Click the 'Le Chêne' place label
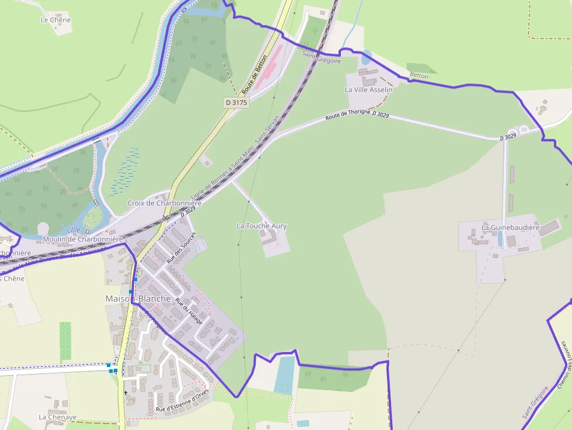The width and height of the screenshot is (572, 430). pos(55,20)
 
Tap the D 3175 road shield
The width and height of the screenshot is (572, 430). pos(236,103)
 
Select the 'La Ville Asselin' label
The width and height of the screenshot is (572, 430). pos(368,90)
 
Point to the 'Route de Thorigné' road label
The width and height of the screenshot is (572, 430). pos(348,115)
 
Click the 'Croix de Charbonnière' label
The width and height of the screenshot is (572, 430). pos(164,203)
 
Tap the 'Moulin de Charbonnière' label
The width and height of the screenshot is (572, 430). pos(83,239)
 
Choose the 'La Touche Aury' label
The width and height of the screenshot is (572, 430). pos(261,226)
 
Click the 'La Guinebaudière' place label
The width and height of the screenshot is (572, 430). pos(510,228)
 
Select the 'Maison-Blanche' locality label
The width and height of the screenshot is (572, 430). pos(138,299)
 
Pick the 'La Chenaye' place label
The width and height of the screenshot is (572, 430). pos(58,417)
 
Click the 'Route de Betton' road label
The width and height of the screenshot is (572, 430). pos(254,75)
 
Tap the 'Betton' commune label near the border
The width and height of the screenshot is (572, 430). pos(418,76)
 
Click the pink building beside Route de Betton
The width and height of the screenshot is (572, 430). pos(269,64)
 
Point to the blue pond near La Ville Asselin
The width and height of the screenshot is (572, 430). pos(366,57)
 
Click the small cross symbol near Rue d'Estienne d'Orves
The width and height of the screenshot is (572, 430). pos(125,393)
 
